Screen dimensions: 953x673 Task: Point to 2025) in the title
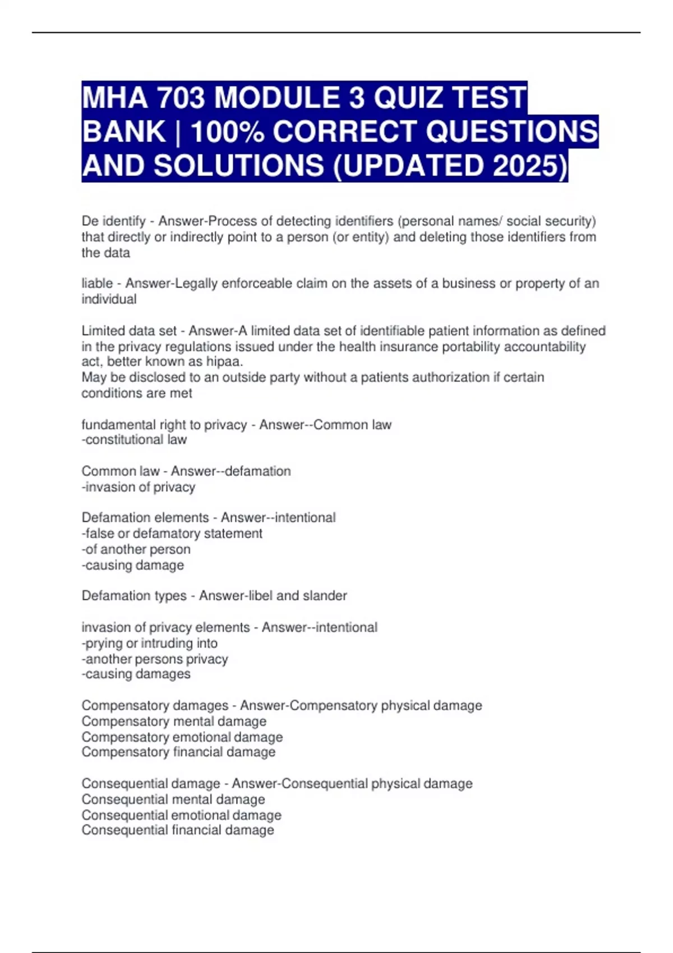530,166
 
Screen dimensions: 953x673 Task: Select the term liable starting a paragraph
97,284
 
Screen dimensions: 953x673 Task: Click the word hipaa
224,362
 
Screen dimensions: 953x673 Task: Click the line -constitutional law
134,440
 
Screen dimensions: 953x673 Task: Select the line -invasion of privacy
139,487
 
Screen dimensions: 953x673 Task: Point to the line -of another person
136,549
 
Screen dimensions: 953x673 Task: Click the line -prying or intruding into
150,644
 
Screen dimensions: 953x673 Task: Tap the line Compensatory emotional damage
182,737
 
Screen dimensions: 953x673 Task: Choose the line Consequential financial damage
178,830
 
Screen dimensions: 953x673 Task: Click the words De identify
113,221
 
